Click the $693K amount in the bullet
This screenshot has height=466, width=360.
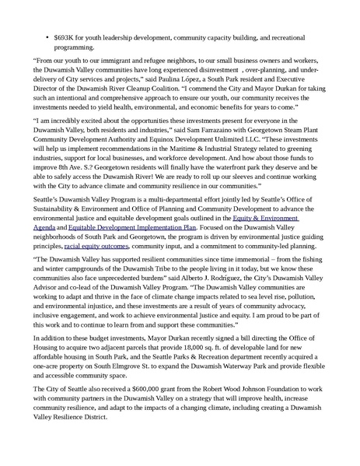pos(65,37)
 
